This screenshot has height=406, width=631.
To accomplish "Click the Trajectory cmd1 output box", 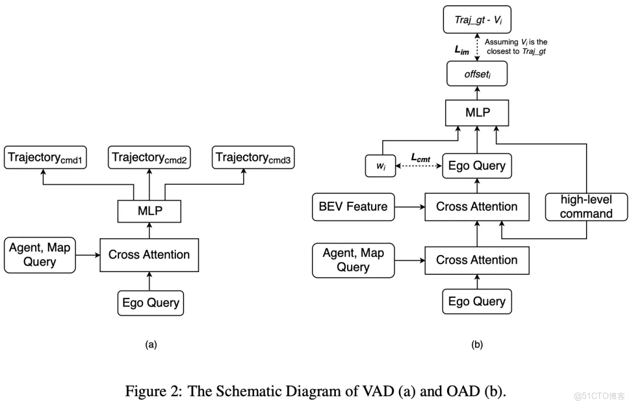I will coord(46,158).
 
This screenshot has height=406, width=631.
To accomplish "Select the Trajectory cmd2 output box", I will coord(150,158).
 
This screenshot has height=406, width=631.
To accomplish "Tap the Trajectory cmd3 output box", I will coord(254,158).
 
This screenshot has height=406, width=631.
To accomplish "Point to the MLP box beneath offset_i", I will coord(477,112).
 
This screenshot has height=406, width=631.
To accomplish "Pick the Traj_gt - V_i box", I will coord(477,19).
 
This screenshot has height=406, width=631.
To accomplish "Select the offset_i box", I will coord(477,75).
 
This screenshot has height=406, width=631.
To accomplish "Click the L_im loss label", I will coord(462,51).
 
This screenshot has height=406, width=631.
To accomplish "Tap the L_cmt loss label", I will coord(421,157).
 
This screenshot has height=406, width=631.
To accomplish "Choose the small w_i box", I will coord(380,166).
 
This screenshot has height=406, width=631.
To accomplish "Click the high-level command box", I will coord(586,207).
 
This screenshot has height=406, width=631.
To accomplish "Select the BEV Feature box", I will coord(353,207).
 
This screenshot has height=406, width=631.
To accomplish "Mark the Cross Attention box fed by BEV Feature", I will coord(477,207).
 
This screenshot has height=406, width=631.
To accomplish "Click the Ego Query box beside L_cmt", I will coord(477,166).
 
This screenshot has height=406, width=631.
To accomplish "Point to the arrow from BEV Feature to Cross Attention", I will coord(409,207).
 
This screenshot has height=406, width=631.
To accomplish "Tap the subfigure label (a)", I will coord(151,345).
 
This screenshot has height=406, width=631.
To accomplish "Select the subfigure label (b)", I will coord(477,345).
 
